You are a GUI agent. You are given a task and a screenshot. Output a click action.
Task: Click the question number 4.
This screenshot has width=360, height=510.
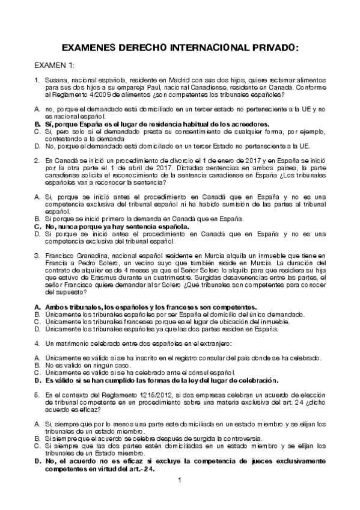37,343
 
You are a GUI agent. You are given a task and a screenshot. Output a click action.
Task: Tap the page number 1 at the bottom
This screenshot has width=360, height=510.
180,479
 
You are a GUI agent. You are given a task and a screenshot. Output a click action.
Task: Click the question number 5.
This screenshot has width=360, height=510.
37,395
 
